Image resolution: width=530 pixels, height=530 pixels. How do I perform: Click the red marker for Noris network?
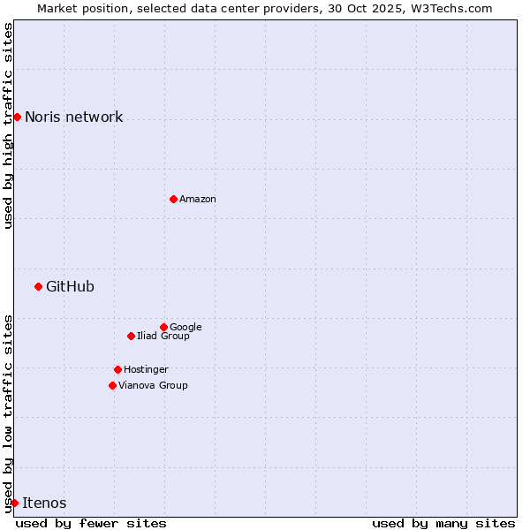pos(17,117)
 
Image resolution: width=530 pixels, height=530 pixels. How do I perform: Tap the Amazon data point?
pos(173,199)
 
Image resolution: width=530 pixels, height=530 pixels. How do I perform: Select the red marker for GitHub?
pos(38,286)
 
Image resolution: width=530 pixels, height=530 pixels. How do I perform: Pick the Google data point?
pos(163,327)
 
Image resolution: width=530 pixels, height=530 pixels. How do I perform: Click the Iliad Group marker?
pos(131,336)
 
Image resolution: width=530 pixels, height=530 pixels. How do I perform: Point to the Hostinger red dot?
pos(117,369)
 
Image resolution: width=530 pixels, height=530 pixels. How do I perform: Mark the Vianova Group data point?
pos(112,385)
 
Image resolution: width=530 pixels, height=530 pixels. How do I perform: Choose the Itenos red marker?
pos(14,503)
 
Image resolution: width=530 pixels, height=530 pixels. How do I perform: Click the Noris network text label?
pos(73,117)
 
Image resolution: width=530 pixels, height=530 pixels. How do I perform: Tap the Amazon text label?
pos(198,200)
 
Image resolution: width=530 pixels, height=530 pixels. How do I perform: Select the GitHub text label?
pos(70,287)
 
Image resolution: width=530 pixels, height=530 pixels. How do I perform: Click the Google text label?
pos(185,328)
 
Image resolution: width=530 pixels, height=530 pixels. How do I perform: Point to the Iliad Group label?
pos(163,337)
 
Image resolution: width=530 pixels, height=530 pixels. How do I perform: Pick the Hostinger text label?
pos(146,370)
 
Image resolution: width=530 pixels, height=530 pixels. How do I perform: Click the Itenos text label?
pos(44,503)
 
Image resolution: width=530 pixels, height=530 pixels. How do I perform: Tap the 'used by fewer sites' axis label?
pos(91,524)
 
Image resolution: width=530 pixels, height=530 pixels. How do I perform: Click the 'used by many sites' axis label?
pos(443,524)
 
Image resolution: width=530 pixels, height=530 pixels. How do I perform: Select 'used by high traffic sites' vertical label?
pos(8,125)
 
